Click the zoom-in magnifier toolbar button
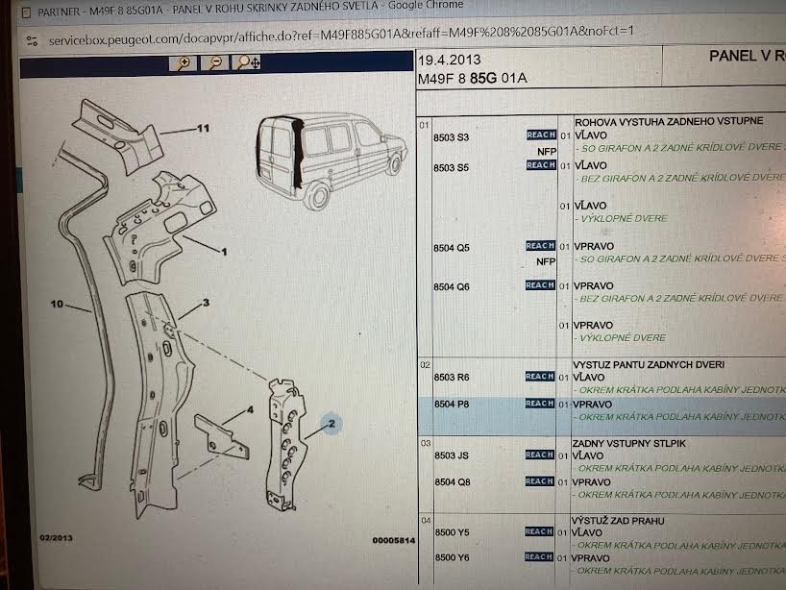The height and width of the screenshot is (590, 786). (182, 63)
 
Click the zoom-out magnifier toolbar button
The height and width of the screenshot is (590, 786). (215, 63)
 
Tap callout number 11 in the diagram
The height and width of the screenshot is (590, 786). (203, 129)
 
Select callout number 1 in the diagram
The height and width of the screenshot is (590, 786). (223, 253)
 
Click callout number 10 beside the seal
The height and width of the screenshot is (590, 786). (57, 305)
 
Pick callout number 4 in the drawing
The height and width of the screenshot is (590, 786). (249, 410)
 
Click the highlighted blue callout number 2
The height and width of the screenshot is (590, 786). (331, 424)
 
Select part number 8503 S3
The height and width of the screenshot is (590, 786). (451, 138)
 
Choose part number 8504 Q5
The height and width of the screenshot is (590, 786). (452, 248)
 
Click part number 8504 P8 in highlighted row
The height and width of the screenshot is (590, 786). (452, 405)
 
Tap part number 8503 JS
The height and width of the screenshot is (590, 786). (452, 455)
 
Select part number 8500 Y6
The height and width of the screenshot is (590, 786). (452, 558)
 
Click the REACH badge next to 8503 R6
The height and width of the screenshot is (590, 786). (540, 378)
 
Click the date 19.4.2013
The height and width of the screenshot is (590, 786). (448, 61)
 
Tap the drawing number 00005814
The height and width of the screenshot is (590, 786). (393, 541)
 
